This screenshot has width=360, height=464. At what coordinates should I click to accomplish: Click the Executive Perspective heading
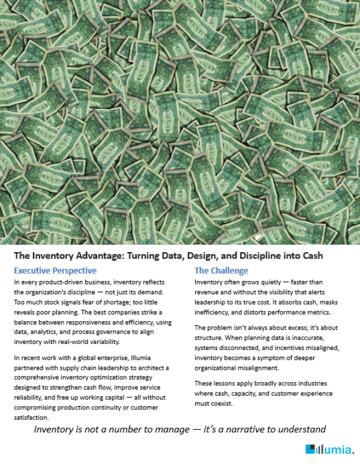[x=55, y=271]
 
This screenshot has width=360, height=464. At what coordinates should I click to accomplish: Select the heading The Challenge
[x=221, y=271]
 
